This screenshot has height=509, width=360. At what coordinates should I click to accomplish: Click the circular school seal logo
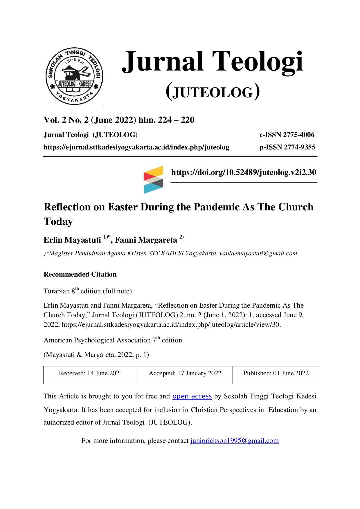pyautogui.click(x=74, y=76)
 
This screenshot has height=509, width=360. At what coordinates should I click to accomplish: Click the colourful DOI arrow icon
pyautogui.click(x=153, y=180)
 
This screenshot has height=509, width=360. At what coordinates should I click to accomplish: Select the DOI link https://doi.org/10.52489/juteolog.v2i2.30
pyautogui.click(x=244, y=172)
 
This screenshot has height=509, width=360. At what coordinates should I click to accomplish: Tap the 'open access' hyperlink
pyautogui.click(x=192, y=396)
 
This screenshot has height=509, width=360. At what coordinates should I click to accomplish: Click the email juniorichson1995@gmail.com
pyautogui.click(x=234, y=441)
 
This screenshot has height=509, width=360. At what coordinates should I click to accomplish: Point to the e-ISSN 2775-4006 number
pyautogui.click(x=287, y=135)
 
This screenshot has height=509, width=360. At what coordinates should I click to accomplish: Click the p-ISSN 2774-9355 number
pyautogui.click(x=287, y=147)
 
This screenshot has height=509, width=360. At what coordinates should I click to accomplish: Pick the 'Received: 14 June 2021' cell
pyautogui.click(x=91, y=375)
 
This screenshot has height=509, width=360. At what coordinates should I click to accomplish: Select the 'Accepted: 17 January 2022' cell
pyautogui.click(x=185, y=375)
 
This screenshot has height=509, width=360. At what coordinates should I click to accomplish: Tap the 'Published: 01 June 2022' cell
pyautogui.click(x=276, y=375)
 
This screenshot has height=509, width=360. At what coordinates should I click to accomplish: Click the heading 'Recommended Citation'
pyautogui.click(x=80, y=274)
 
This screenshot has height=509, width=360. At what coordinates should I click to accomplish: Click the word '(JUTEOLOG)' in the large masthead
pyautogui.click(x=213, y=92)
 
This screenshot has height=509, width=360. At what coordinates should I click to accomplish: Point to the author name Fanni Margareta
pyautogui.click(x=146, y=240)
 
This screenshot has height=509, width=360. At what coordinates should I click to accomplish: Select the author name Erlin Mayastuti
pyautogui.click(x=72, y=240)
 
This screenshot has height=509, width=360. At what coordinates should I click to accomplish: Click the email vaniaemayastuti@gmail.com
pyautogui.click(x=258, y=253)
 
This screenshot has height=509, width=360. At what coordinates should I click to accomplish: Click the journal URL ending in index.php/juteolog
pyautogui.click(x=136, y=147)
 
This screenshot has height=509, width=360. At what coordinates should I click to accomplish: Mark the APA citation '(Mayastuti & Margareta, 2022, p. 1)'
pyautogui.click(x=96, y=355)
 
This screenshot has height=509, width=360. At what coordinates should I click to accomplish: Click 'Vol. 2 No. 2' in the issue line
pyautogui.click(x=66, y=120)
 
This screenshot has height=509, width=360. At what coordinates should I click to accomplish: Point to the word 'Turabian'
pyautogui.click(x=57, y=291)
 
